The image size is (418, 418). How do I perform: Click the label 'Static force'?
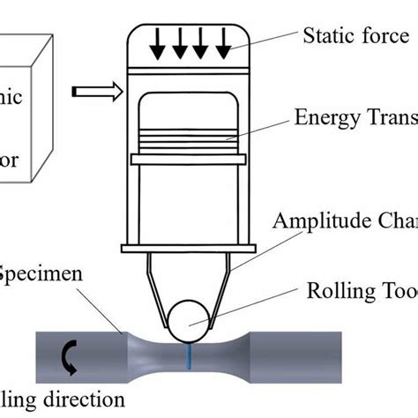pyautogui.click(x=356, y=36)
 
